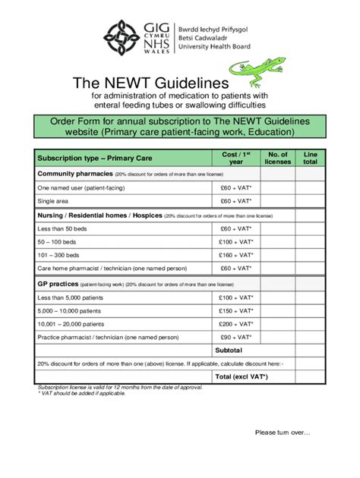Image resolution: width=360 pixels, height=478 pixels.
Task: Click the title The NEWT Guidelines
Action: [150, 81]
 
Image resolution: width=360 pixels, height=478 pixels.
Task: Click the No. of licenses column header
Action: [277, 157]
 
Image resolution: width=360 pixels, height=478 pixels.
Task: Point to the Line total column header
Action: [310, 157]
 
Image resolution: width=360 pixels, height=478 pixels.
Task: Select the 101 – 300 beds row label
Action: [58, 255]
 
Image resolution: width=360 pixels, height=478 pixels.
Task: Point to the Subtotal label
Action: [228, 350]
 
